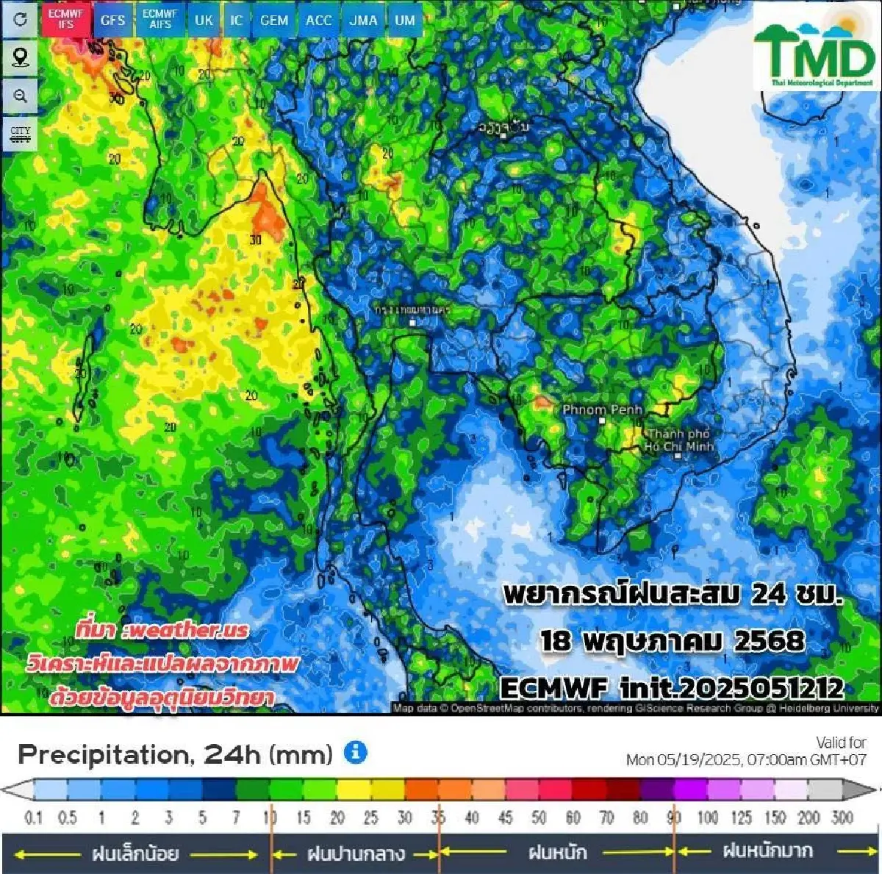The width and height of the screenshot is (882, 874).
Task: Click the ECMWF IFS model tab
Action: (x=66, y=20)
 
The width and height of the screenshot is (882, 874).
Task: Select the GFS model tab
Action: (x=112, y=20)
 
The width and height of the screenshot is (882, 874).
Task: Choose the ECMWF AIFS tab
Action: (x=159, y=20)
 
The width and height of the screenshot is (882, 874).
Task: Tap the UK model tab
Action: (x=204, y=20)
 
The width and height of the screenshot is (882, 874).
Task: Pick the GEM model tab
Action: (x=274, y=20)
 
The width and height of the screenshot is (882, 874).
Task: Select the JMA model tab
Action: (x=363, y=20)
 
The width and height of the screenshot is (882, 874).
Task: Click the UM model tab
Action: (x=405, y=20)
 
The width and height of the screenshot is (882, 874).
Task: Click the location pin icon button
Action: (x=21, y=57)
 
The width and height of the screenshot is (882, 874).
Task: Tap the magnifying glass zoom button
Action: (x=21, y=96)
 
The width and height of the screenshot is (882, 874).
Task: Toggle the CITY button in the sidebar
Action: (x=21, y=134)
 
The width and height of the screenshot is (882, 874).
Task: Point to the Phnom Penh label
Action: (x=602, y=410)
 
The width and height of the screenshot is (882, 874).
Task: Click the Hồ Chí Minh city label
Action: (x=678, y=440)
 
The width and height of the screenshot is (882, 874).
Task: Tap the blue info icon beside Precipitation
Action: (x=356, y=752)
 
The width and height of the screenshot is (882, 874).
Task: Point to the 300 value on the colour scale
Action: (x=842, y=817)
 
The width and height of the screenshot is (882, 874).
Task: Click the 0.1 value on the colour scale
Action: (x=34, y=817)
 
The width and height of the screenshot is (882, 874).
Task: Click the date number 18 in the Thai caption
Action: (x=556, y=641)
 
